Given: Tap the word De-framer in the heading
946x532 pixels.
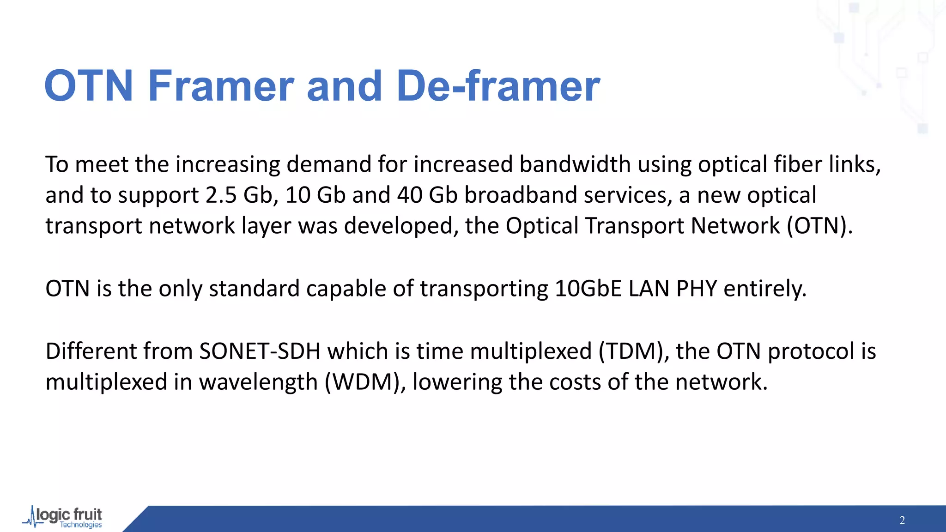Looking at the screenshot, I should click(x=498, y=86).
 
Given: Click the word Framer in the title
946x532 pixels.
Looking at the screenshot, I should click(x=221, y=86).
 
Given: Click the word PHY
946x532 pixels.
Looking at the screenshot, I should click(x=697, y=289).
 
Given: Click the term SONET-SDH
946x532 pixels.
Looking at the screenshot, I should click(x=260, y=351).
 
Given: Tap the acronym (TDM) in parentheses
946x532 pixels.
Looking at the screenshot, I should click(x=634, y=351).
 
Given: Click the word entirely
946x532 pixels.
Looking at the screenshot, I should click(x=764, y=289).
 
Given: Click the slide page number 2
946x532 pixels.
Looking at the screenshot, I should click(x=902, y=520).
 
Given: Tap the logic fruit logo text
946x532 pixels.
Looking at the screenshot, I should click(x=69, y=514).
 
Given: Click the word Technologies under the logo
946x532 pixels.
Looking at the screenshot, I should click(x=81, y=525).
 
